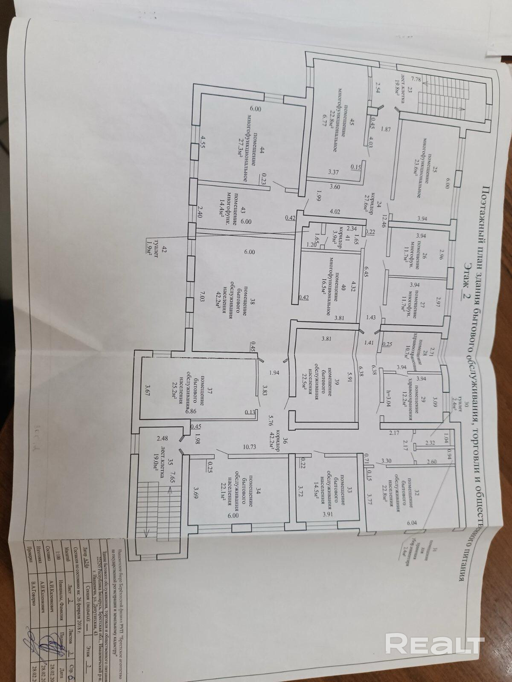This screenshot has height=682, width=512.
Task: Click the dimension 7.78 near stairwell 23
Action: [x=413, y=80]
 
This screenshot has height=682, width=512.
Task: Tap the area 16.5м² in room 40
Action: [x=323, y=291]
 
